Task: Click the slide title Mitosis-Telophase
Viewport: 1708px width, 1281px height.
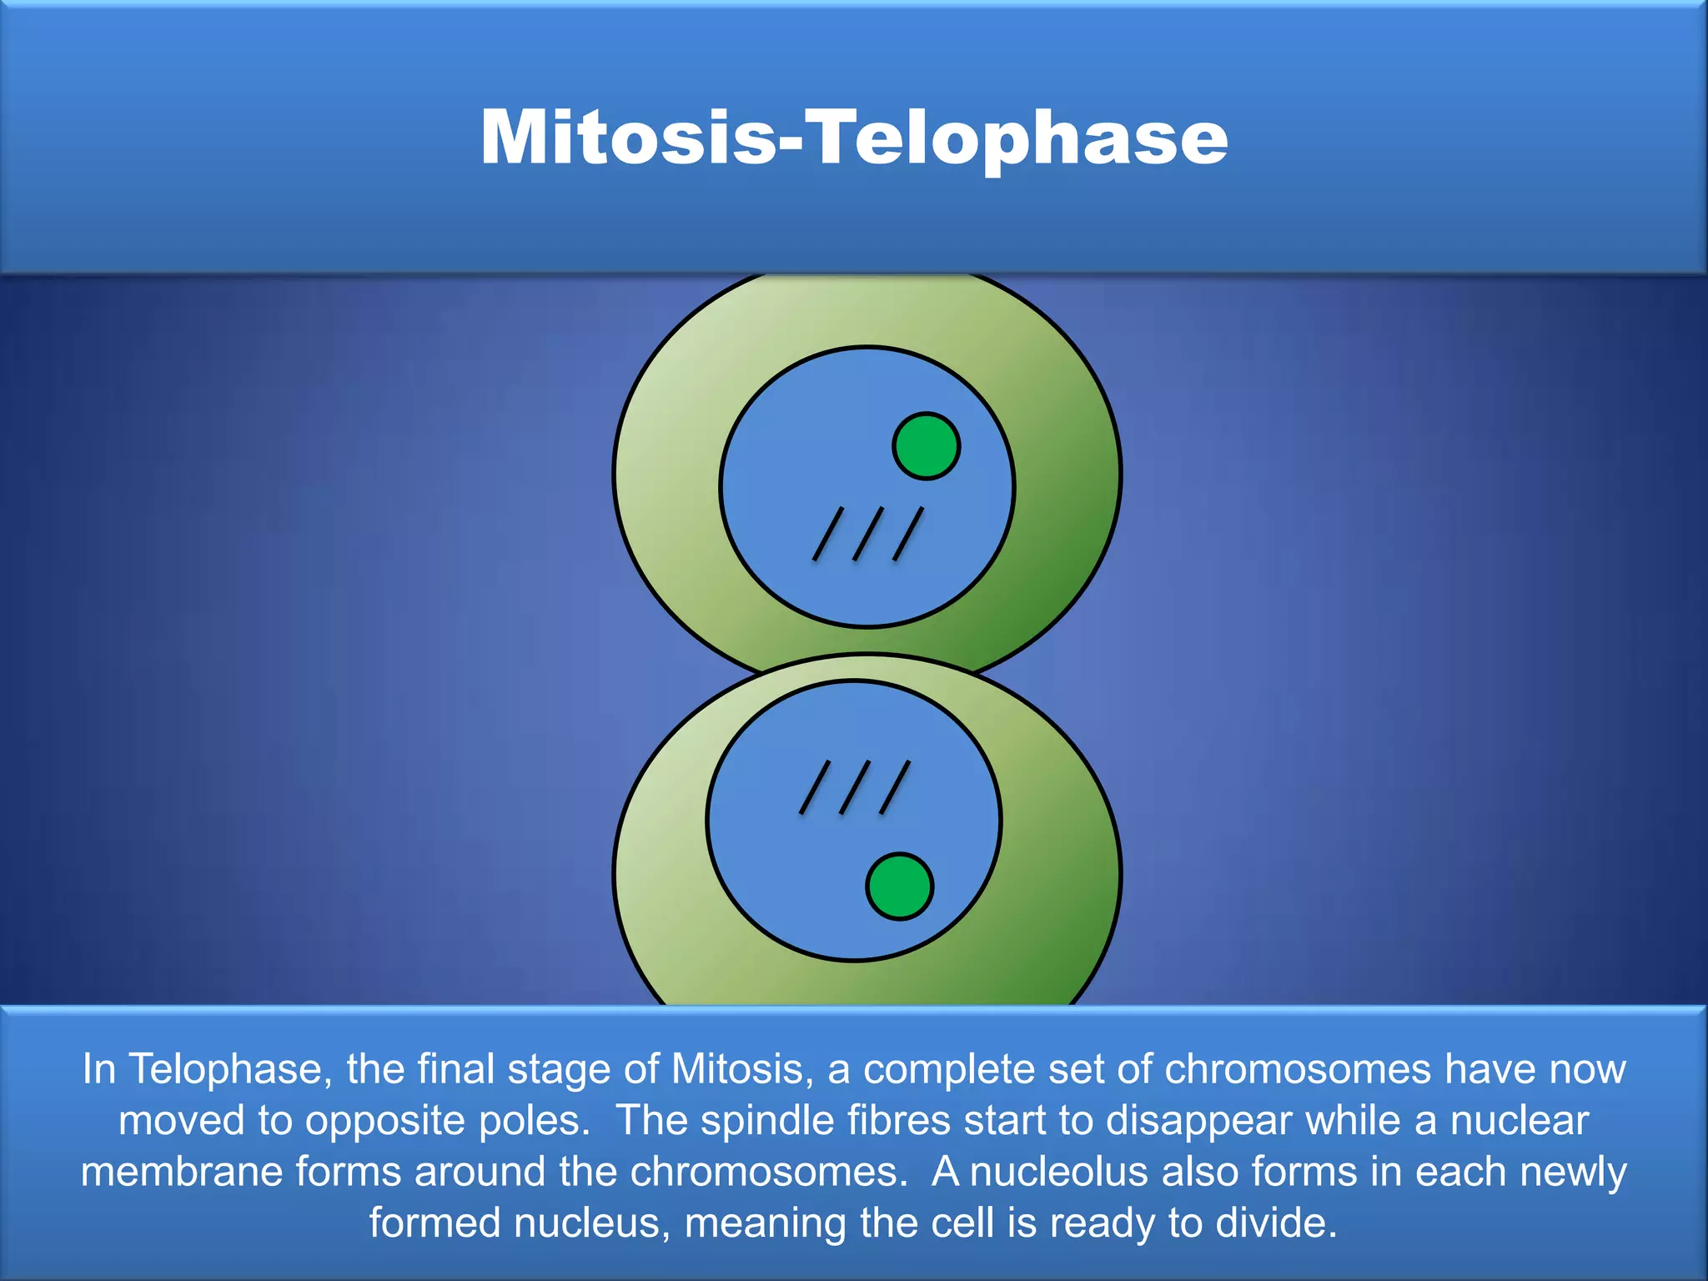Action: (853, 138)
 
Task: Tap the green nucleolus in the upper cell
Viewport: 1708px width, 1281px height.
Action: (926, 446)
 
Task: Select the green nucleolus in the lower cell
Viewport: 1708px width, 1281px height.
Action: (899, 887)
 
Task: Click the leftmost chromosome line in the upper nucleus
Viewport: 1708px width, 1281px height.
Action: (828, 534)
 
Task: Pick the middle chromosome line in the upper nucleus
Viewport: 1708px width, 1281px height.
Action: (868, 534)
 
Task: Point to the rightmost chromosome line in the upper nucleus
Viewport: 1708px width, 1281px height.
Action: (908, 534)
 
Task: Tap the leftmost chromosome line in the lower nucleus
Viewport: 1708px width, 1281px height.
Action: (815, 787)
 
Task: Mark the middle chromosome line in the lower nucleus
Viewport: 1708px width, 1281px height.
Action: (855, 787)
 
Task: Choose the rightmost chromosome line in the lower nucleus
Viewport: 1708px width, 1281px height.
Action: (895, 787)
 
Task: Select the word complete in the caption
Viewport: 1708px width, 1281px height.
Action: (949, 1069)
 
